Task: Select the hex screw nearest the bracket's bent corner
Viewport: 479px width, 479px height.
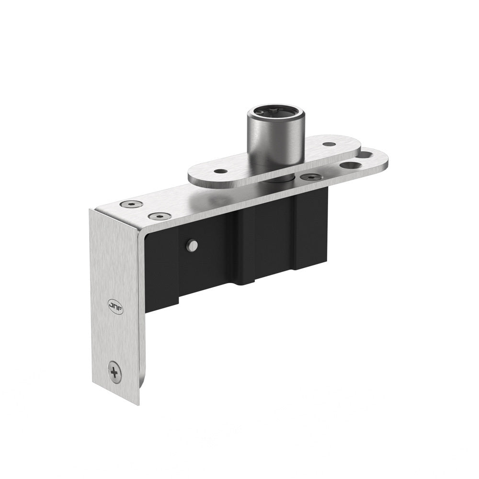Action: tap(131, 205)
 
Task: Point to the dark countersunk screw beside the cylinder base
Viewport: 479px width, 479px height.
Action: tap(312, 177)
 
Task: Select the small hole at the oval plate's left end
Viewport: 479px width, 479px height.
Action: tap(220, 171)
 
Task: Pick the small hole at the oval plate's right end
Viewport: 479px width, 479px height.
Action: tap(329, 144)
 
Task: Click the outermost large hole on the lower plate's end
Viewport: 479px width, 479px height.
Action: tap(366, 155)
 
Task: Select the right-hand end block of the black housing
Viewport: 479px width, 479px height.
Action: tap(311, 230)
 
